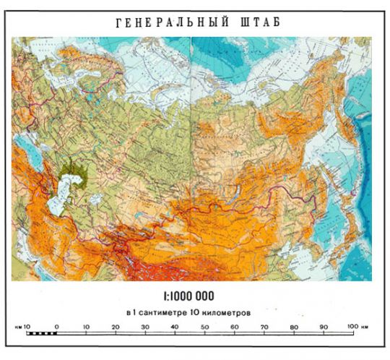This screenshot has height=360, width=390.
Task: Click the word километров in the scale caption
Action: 227,312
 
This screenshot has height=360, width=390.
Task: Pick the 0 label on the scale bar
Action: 56,327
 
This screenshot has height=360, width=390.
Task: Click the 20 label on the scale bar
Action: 116,327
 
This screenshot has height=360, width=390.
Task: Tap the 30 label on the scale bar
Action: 145,327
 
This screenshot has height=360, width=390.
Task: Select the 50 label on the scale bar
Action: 204,327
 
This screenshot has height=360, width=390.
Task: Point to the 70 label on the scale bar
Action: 264,327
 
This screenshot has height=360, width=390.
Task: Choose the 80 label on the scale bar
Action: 293,327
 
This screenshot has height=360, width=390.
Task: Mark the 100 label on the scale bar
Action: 351,327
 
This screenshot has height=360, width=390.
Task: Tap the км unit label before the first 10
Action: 17,327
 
